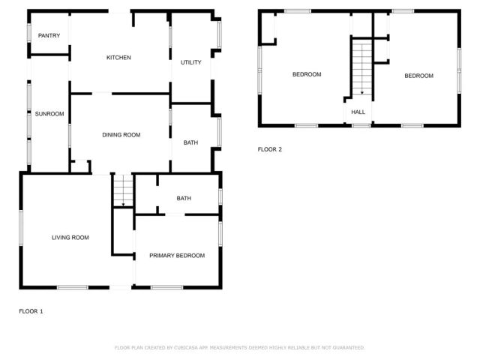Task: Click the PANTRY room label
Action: click(49, 36)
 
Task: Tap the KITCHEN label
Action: click(118, 58)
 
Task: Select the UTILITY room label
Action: click(191, 62)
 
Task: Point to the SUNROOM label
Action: click(49, 114)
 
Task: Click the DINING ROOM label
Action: click(121, 135)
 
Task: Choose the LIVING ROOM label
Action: click(70, 238)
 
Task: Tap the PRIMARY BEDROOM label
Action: click(177, 256)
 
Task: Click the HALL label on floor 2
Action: click(358, 112)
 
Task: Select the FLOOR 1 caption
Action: click(31, 310)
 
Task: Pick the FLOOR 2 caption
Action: click(270, 149)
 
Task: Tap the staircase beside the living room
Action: click(122, 190)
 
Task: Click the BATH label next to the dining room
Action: click(190, 142)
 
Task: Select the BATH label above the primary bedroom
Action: click(184, 199)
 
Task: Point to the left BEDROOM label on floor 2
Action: click(307, 74)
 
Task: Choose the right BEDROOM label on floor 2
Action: click(418, 76)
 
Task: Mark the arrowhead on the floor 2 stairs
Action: click(362, 92)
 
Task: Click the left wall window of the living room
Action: click(20, 226)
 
